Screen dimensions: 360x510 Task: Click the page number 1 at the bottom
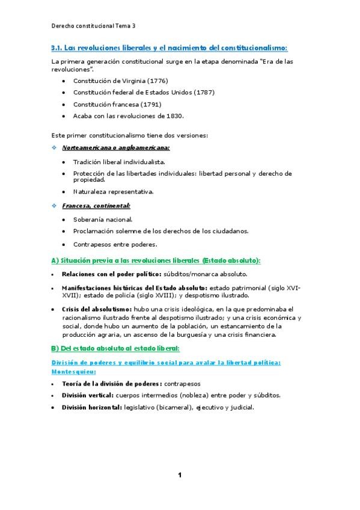click(179, 475)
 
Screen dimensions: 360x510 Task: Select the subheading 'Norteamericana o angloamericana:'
click(116, 147)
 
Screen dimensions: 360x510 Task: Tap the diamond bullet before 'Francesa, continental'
click(55, 206)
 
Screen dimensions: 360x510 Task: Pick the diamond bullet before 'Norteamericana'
click(55, 147)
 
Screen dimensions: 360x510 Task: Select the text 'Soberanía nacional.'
click(103, 220)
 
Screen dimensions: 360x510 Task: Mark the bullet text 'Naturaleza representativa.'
click(113, 192)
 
